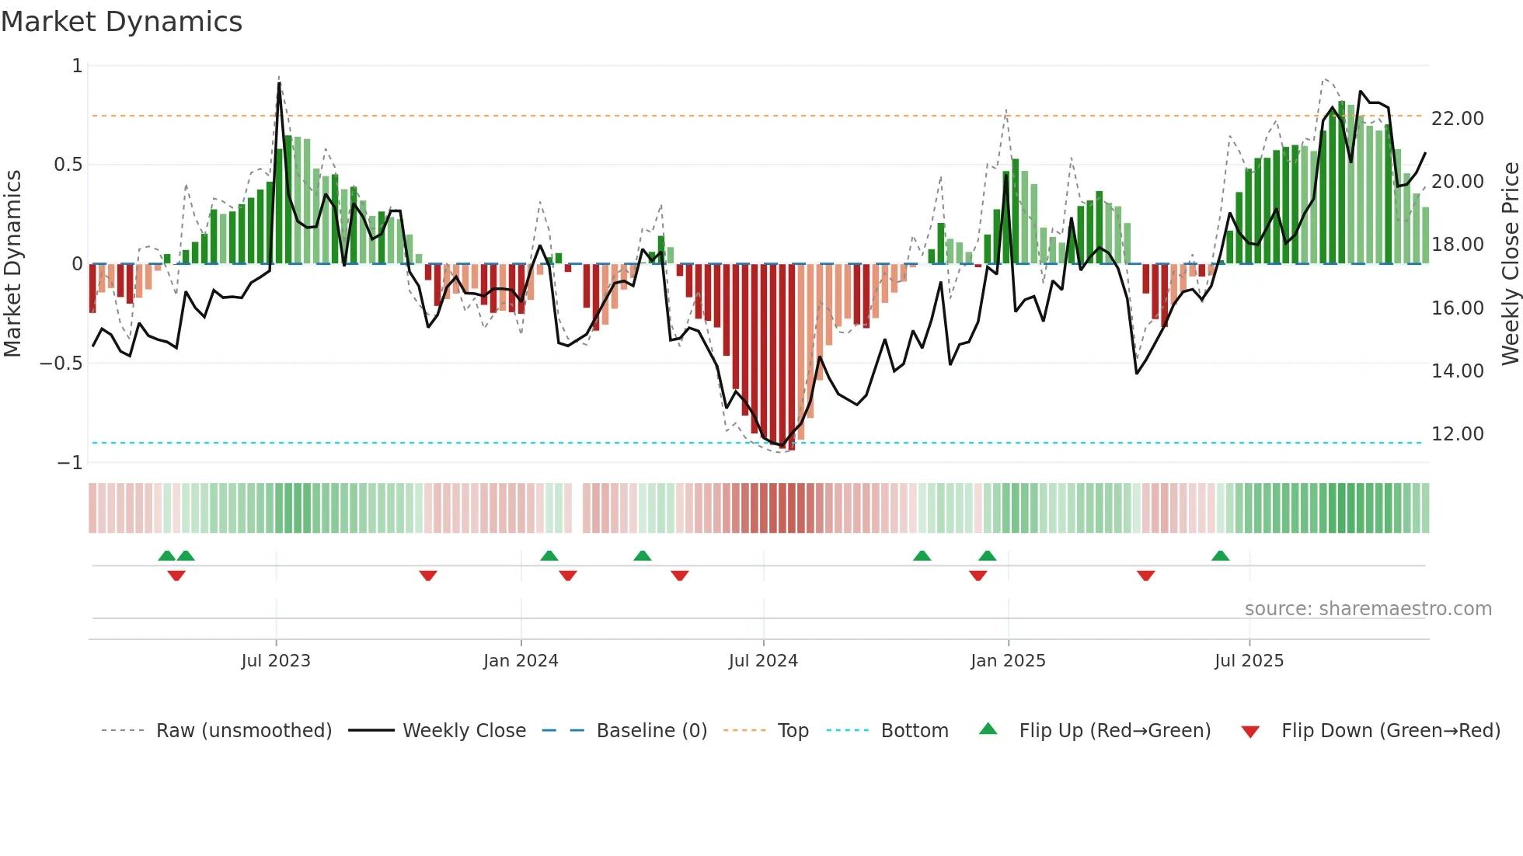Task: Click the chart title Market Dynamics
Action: (121, 22)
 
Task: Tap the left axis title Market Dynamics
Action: (12, 263)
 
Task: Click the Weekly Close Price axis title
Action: (1510, 263)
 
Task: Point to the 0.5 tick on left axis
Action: (68, 165)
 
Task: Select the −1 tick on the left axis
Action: (69, 463)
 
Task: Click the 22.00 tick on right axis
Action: (1457, 119)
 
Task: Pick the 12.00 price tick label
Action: (1457, 434)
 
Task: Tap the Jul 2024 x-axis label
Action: (762, 661)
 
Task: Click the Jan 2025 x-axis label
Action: (1007, 661)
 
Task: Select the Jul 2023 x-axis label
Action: (275, 661)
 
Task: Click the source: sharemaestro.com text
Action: (1368, 609)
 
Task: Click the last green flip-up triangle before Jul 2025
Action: (1220, 556)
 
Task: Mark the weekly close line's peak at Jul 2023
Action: (279, 83)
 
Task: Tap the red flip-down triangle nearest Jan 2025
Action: (978, 576)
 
